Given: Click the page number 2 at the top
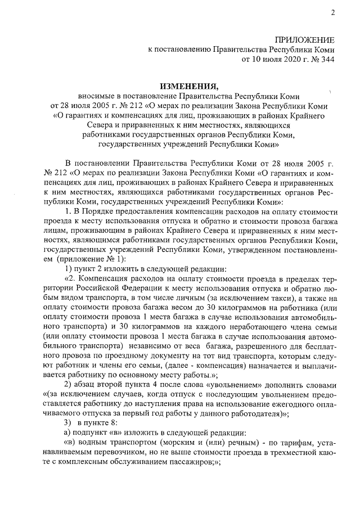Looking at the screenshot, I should point(333,12).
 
